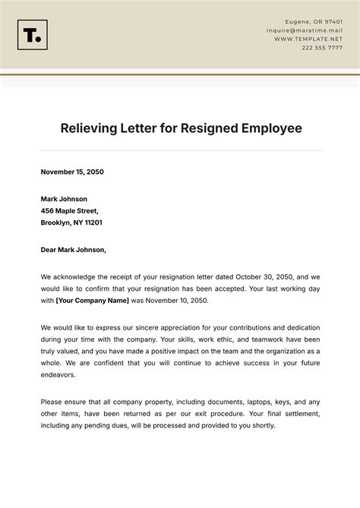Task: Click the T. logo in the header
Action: [32, 35]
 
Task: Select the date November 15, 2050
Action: [72, 172]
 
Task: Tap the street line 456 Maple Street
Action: [70, 210]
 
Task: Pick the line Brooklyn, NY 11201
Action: [71, 223]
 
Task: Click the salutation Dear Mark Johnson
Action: [73, 249]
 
